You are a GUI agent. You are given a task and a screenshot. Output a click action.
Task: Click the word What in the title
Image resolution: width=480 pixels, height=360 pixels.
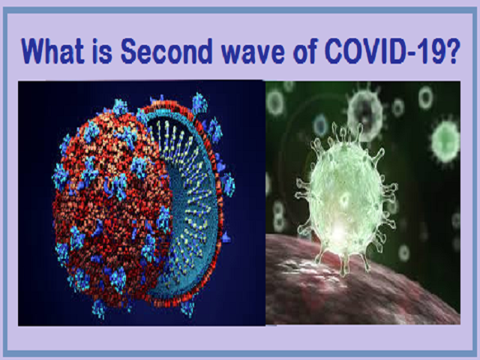pyautogui.click(x=52, y=51)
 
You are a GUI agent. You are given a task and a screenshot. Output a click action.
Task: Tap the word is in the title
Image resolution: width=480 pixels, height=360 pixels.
pyautogui.click(x=102, y=51)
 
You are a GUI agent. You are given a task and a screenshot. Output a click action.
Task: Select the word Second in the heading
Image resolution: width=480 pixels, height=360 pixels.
pyautogui.click(x=166, y=51)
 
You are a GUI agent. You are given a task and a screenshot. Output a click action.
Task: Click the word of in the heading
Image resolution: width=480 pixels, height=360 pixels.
pyautogui.click(x=305, y=51)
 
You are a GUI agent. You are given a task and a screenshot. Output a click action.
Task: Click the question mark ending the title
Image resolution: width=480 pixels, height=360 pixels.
pyautogui.click(x=452, y=51)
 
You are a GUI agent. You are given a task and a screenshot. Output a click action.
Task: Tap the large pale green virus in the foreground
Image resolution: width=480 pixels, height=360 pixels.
pyautogui.click(x=346, y=196)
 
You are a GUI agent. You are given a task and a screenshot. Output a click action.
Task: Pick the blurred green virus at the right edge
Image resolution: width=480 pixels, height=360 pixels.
pyautogui.click(x=445, y=141)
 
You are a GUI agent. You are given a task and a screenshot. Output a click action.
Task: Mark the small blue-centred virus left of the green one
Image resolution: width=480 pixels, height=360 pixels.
pyautogui.click(x=320, y=125)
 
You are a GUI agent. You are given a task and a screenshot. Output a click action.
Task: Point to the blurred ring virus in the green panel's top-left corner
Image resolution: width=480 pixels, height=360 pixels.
pyautogui.click(x=275, y=102)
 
